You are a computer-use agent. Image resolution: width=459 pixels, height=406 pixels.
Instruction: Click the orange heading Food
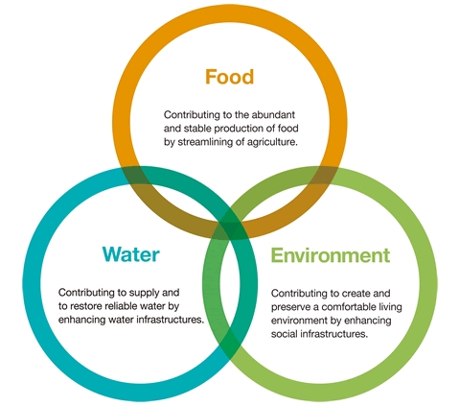point(229,77)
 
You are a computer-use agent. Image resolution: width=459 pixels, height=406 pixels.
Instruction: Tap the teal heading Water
point(131,254)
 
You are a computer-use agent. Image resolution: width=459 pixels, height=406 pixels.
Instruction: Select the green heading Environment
point(331,255)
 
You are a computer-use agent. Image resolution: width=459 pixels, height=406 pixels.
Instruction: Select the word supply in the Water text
point(144,293)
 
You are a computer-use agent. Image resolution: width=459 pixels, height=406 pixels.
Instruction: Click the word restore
point(84,306)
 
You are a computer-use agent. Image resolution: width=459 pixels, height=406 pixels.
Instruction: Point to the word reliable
point(120,306)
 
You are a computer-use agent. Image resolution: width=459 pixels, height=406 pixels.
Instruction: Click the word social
point(284,334)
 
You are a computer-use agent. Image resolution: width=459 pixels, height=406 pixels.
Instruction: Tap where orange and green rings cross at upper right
point(326,176)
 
